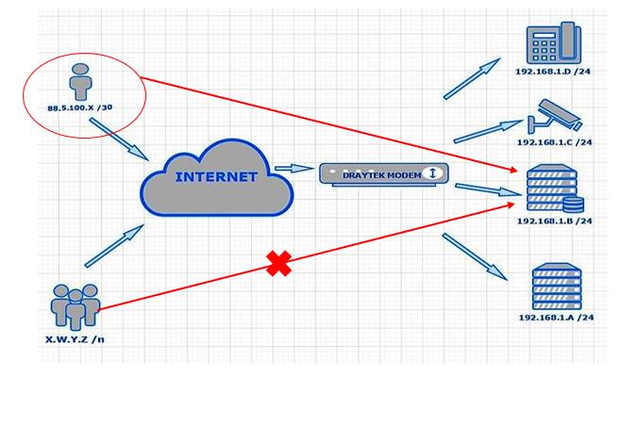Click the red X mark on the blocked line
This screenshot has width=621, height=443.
point(277,264)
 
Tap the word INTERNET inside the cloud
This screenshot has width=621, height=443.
point(215,176)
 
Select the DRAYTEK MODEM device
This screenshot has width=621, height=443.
point(381,173)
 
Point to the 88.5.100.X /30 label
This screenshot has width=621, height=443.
point(82,108)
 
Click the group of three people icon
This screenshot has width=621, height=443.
point(76,304)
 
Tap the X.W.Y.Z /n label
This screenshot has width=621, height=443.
point(74,337)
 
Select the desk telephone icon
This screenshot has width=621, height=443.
point(554,43)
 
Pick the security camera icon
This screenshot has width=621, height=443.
point(555,116)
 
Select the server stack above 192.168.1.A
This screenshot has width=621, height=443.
point(556,287)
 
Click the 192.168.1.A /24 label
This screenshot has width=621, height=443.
point(555,318)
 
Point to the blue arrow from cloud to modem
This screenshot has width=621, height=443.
point(294,170)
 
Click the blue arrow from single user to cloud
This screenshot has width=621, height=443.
point(120,139)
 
